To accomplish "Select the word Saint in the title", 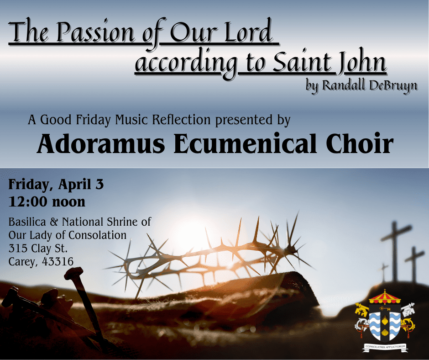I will pyautogui.click(x=301, y=64).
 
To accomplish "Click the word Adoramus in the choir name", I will pyautogui.click(x=99, y=144).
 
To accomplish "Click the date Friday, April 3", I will pyautogui.click(x=56, y=185).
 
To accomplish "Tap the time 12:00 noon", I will pyautogui.click(x=47, y=201).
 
